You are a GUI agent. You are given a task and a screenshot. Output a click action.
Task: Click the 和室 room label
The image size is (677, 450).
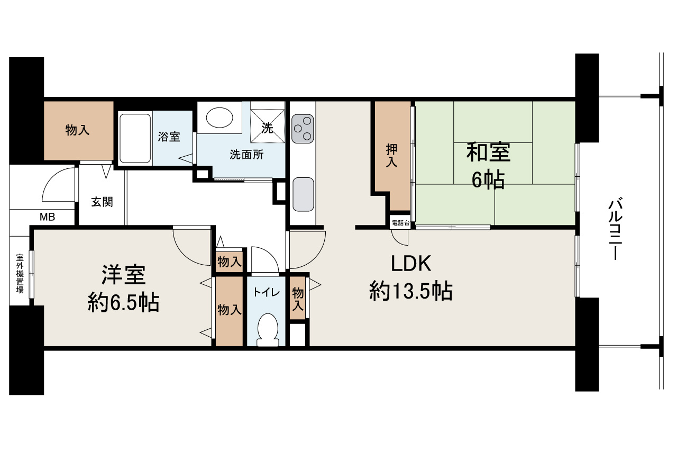point(488,153)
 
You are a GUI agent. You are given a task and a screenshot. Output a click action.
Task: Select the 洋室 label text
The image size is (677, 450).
point(123,276)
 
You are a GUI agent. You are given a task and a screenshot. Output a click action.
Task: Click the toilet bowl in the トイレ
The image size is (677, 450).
point(268,329)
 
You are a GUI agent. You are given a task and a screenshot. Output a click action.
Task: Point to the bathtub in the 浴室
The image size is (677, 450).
point(135,139)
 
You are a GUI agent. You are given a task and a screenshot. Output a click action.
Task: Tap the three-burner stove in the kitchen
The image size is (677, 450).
point(303,129)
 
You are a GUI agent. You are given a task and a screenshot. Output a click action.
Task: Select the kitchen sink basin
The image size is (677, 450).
point(303,194)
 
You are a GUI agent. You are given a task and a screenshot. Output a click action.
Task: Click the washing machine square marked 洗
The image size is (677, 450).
point(268,128)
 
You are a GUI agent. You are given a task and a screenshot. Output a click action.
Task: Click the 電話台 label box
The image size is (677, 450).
point(400,223)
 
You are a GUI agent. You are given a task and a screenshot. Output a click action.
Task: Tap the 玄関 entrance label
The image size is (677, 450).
point(102,202)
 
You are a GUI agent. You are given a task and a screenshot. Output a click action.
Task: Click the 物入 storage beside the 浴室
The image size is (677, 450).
point(78,130)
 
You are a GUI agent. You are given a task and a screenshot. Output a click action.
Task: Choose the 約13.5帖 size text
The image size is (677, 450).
point(410,291)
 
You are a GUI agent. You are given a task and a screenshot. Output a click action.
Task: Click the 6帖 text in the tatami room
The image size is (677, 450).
point(488,180)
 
